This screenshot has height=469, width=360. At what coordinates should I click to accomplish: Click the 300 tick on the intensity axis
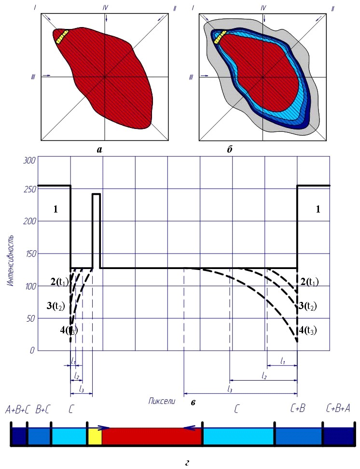[x=29, y=160]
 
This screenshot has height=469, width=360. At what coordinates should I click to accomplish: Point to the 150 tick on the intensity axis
[x=30, y=254]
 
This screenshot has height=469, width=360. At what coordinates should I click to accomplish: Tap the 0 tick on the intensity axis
[x=32, y=350]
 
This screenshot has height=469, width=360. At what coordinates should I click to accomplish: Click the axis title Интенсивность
[x=11, y=261]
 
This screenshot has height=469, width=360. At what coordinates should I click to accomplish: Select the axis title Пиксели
[x=162, y=401]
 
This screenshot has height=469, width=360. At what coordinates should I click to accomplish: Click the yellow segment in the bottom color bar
[x=95, y=437]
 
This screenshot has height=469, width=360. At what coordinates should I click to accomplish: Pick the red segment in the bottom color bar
[x=152, y=437]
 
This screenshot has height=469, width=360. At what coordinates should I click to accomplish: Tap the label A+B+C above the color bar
[x=18, y=410]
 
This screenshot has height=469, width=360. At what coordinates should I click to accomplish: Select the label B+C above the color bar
[x=43, y=410]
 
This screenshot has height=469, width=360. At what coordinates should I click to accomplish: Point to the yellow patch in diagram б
[x=221, y=37]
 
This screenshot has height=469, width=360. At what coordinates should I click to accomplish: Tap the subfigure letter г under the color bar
[x=187, y=463]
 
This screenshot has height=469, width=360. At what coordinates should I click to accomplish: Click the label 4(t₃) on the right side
[x=308, y=330]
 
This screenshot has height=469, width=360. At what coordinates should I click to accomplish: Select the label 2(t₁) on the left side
[x=59, y=282]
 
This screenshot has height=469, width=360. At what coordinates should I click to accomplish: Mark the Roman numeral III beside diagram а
[x=33, y=77]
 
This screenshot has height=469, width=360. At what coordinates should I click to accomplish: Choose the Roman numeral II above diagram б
[x=332, y=9]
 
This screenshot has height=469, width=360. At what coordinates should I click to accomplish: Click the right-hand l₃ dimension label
[x=229, y=389]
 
